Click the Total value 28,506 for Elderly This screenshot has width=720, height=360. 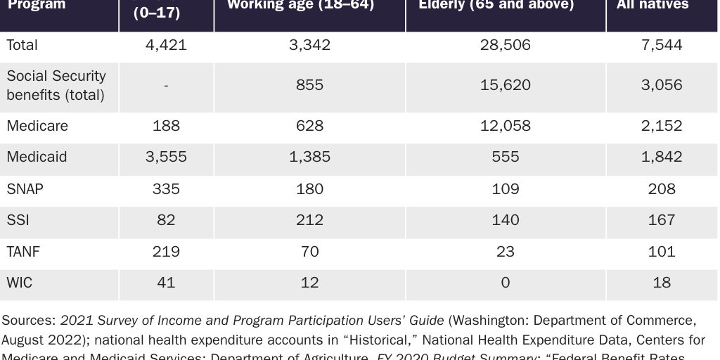point(506,46)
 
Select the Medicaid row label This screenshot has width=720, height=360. point(37,157)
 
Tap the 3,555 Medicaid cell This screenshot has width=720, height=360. point(166,157)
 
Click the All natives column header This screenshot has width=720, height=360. point(652,6)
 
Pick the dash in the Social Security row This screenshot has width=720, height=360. point(166,85)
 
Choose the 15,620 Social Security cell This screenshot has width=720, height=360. point(506,85)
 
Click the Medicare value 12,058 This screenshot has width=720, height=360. point(506,126)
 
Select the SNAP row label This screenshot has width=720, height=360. point(23,189)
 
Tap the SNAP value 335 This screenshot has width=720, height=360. point(166,189)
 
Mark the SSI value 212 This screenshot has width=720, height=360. point(309,221)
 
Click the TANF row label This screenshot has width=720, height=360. point(23,252)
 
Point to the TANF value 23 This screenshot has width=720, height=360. point(506,252)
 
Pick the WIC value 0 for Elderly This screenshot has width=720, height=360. point(506,283)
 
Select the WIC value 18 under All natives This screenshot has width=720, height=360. point(662,283)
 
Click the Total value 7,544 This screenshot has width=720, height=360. point(662,46)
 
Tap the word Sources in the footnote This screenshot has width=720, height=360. point(27,321)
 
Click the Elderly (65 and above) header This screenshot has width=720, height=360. point(496,6)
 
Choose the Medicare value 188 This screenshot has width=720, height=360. point(166,126)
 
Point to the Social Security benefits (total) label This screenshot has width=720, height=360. point(56,85)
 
